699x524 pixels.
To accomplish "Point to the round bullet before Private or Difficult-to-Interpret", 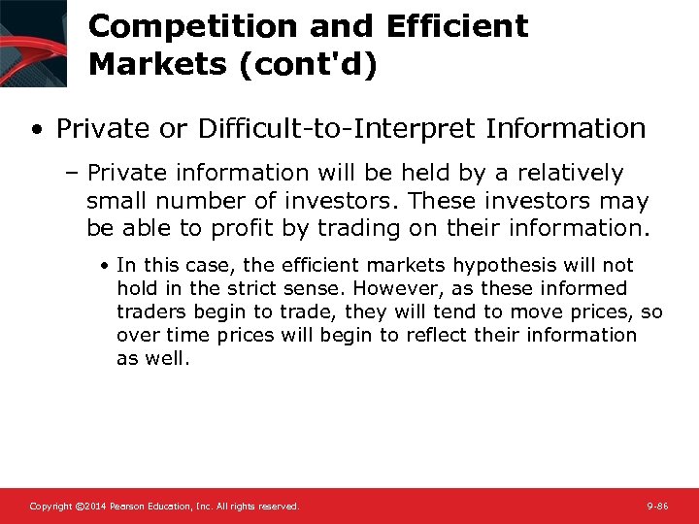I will [x=35, y=129].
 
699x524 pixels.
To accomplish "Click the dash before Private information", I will [x=74, y=174].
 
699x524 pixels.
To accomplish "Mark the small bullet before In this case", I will [x=107, y=266].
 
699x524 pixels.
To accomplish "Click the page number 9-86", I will [x=657, y=507].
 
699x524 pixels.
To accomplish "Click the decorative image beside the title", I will [x=33, y=43].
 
